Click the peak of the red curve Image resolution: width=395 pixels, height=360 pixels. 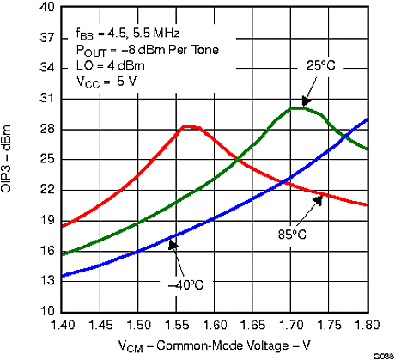point(190,127)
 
